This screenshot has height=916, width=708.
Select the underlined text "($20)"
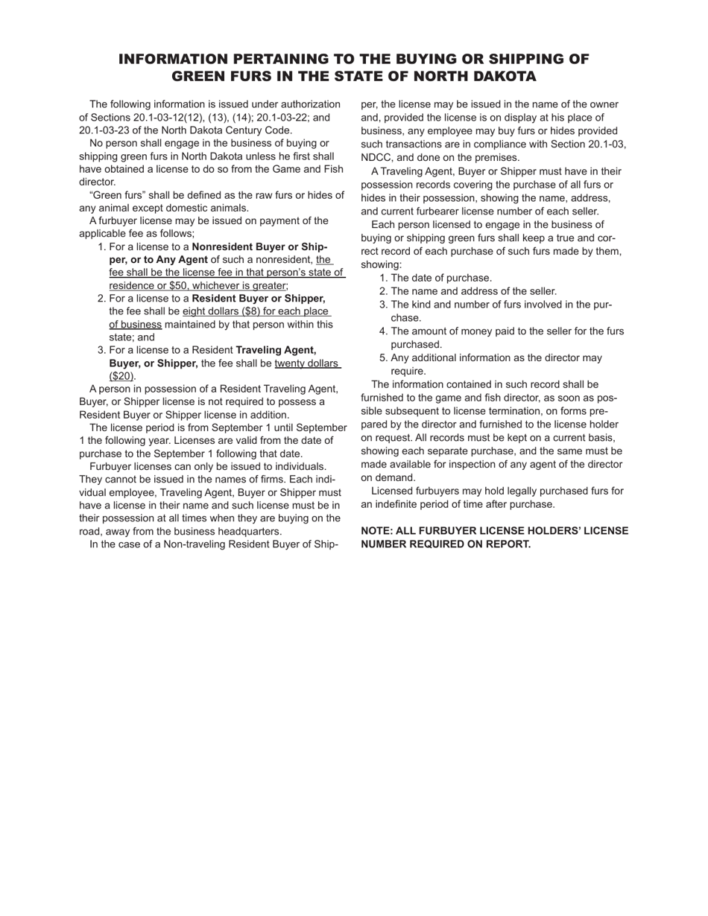coord(122,376)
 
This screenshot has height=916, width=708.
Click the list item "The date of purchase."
coord(441,278)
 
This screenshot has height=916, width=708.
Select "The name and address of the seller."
coord(473,291)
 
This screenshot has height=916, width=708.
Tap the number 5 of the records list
coord(383,358)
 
